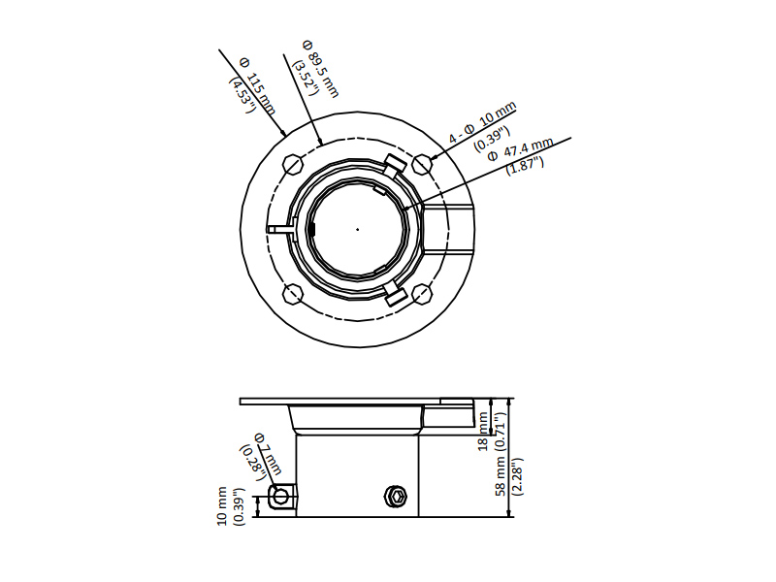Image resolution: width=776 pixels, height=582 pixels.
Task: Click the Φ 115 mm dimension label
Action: click(257, 86)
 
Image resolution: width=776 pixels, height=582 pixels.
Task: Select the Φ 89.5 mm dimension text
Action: click(321, 68)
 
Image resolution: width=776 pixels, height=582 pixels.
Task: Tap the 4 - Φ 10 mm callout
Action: click(482, 122)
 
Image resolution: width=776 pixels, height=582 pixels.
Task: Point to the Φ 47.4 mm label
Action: click(521, 148)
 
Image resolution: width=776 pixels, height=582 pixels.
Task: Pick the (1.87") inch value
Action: click(525, 165)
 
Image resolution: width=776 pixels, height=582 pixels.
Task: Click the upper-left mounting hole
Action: click(293, 164)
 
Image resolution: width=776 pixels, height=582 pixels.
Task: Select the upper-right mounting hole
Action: click(423, 164)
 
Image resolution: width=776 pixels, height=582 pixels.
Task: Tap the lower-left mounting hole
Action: click(293, 294)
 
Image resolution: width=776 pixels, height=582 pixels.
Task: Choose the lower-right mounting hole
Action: click(423, 294)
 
